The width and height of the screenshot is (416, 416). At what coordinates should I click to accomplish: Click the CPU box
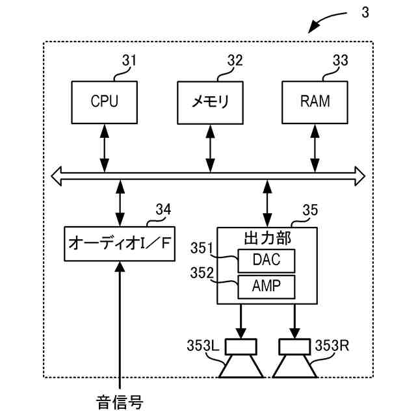pyautogui.click(x=105, y=102)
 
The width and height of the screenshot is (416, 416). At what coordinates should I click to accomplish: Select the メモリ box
pyautogui.click(x=210, y=102)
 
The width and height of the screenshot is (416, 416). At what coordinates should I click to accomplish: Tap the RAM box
pyautogui.click(x=315, y=102)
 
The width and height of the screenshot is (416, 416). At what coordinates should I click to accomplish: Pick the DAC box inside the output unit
pyautogui.click(x=266, y=261)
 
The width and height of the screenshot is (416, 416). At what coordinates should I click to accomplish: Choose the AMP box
pyautogui.click(x=266, y=286)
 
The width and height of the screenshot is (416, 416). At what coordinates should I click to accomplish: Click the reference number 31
pyautogui.click(x=129, y=61)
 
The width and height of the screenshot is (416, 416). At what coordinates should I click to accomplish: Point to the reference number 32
pyautogui.click(x=235, y=61)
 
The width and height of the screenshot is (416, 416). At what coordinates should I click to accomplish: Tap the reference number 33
pyautogui.click(x=339, y=61)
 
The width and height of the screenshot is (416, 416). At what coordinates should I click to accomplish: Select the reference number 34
pyautogui.click(x=163, y=209)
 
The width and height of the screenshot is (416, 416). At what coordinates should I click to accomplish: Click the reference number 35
pyautogui.click(x=311, y=209)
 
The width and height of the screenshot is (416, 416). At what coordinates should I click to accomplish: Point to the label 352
pyautogui.click(x=202, y=273)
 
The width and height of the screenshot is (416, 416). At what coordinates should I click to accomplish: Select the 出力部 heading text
pyautogui.click(x=266, y=236)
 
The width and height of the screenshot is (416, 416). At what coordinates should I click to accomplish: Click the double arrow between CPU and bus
pyautogui.click(x=104, y=148)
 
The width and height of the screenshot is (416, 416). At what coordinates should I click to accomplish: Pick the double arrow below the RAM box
pyautogui.click(x=315, y=148)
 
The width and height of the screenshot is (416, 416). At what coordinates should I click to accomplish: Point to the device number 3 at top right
pyautogui.click(x=365, y=13)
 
